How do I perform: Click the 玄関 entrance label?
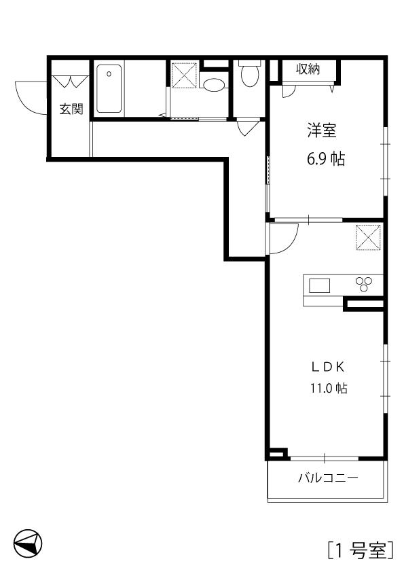pos(71,109)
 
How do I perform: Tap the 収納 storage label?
pos(308,69)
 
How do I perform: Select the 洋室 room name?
pos(321,130)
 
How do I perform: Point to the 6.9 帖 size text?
pos(326,159)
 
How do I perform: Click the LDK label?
pos(328,368)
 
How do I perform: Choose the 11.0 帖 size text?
pos(329,388)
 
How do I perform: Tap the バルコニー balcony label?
pos(328,478)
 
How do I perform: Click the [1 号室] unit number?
pos(361,550)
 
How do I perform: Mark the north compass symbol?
pos(28,543)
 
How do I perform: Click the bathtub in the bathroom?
pos(109,88)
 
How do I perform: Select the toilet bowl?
pos(250,74)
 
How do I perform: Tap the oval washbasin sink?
pos(214,86)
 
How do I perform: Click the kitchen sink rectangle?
pos(319,285)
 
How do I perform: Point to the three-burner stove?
pos(364,284)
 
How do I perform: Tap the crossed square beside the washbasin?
pos(184,75)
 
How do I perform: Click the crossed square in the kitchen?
pos(368,238)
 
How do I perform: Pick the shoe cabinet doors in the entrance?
pos(71,82)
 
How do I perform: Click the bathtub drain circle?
pos(109,74)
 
